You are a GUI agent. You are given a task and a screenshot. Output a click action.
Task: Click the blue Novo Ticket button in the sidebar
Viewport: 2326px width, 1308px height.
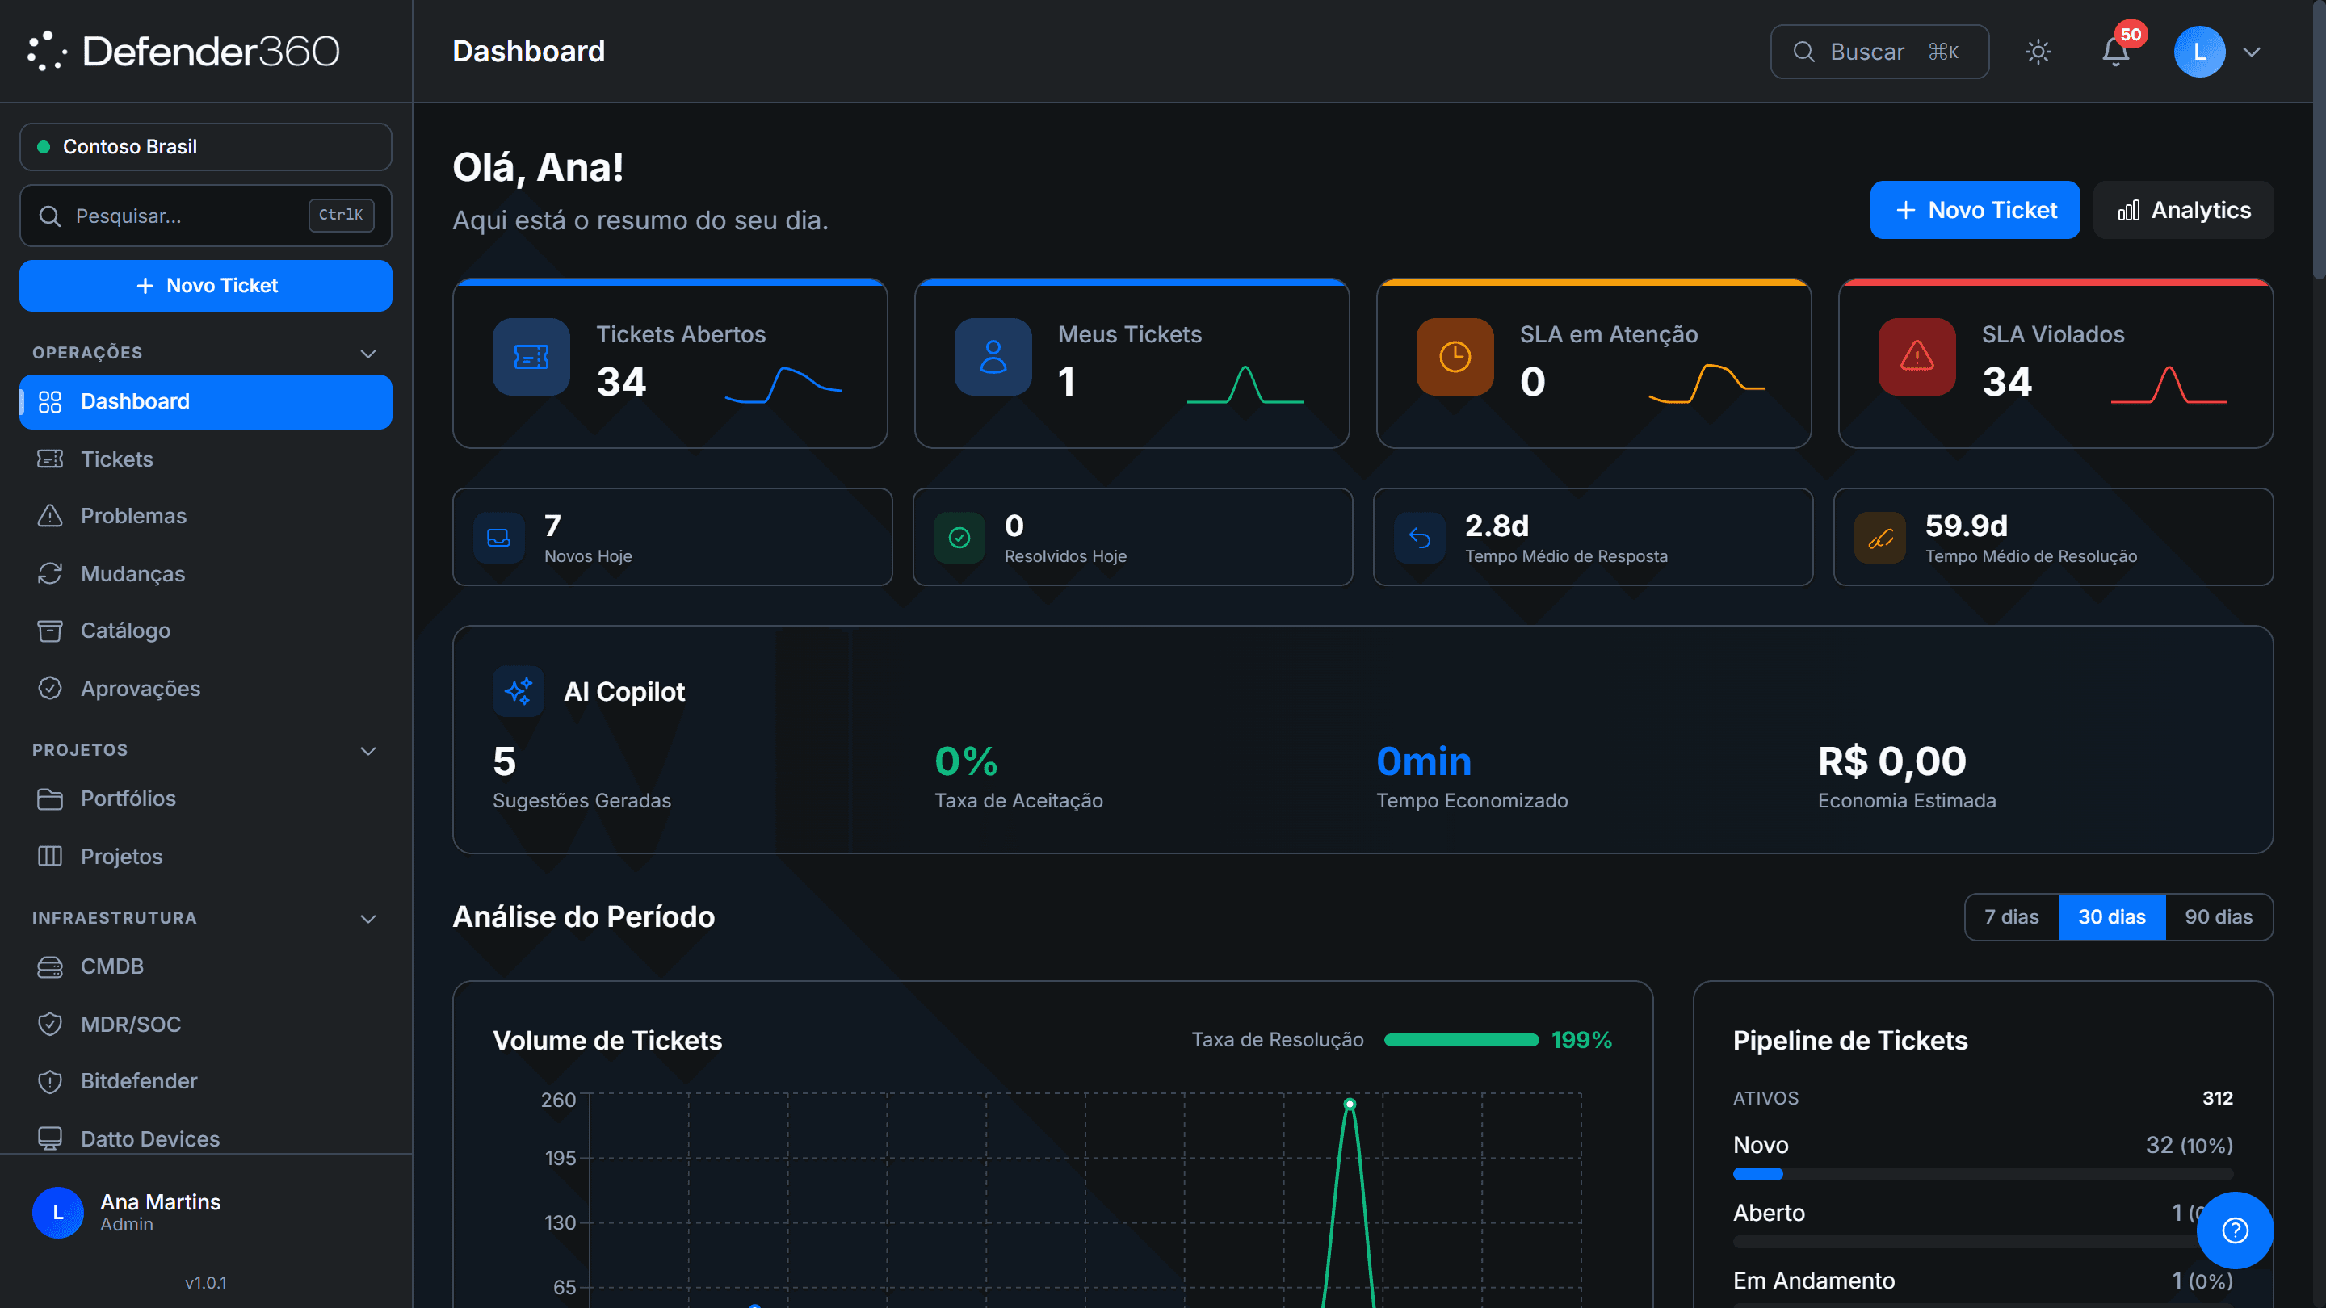pyautogui.click(x=206, y=285)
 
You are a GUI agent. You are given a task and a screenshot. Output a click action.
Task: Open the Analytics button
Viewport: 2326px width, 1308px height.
pyautogui.click(x=2183, y=210)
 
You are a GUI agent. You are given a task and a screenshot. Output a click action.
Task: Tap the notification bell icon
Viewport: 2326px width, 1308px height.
pyautogui.click(x=2116, y=52)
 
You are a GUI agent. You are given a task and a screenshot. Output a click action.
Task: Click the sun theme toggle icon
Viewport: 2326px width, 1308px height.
pyautogui.click(x=2038, y=52)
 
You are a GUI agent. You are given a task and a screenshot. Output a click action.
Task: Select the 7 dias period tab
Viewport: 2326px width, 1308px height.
pyautogui.click(x=2012, y=917)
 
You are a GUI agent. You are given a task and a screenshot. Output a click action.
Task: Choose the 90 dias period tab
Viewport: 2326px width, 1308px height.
pyautogui.click(x=2219, y=917)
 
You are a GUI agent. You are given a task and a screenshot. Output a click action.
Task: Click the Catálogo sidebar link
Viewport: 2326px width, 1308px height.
pyautogui.click(x=125, y=630)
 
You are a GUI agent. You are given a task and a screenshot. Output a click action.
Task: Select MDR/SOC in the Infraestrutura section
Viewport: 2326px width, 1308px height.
pyautogui.click(x=131, y=1024)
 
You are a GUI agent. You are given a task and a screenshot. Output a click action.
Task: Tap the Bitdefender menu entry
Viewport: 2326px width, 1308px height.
pyautogui.click(x=139, y=1080)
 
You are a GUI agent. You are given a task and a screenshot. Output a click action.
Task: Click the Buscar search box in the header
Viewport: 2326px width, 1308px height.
pyautogui.click(x=1879, y=52)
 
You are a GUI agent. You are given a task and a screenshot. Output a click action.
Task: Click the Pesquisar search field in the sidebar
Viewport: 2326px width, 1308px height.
pyautogui.click(x=206, y=216)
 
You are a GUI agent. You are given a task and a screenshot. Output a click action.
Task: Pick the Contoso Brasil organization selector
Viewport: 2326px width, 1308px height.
pyautogui.click(x=206, y=146)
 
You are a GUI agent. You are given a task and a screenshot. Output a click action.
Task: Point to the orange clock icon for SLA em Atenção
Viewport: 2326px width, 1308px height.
pyautogui.click(x=1455, y=357)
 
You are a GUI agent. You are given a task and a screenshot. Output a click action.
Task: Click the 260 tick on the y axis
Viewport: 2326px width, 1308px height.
pyautogui.click(x=558, y=1100)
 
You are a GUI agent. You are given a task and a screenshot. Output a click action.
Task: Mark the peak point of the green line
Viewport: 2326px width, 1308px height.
pyautogui.click(x=1349, y=1104)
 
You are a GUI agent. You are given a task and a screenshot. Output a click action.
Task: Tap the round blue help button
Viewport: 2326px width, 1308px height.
pyautogui.click(x=2235, y=1230)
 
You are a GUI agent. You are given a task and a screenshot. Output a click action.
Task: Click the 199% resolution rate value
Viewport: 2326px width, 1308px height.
pyautogui.click(x=1581, y=1040)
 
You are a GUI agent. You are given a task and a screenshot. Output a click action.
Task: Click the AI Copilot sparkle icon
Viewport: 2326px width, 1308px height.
pyautogui.click(x=519, y=691)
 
